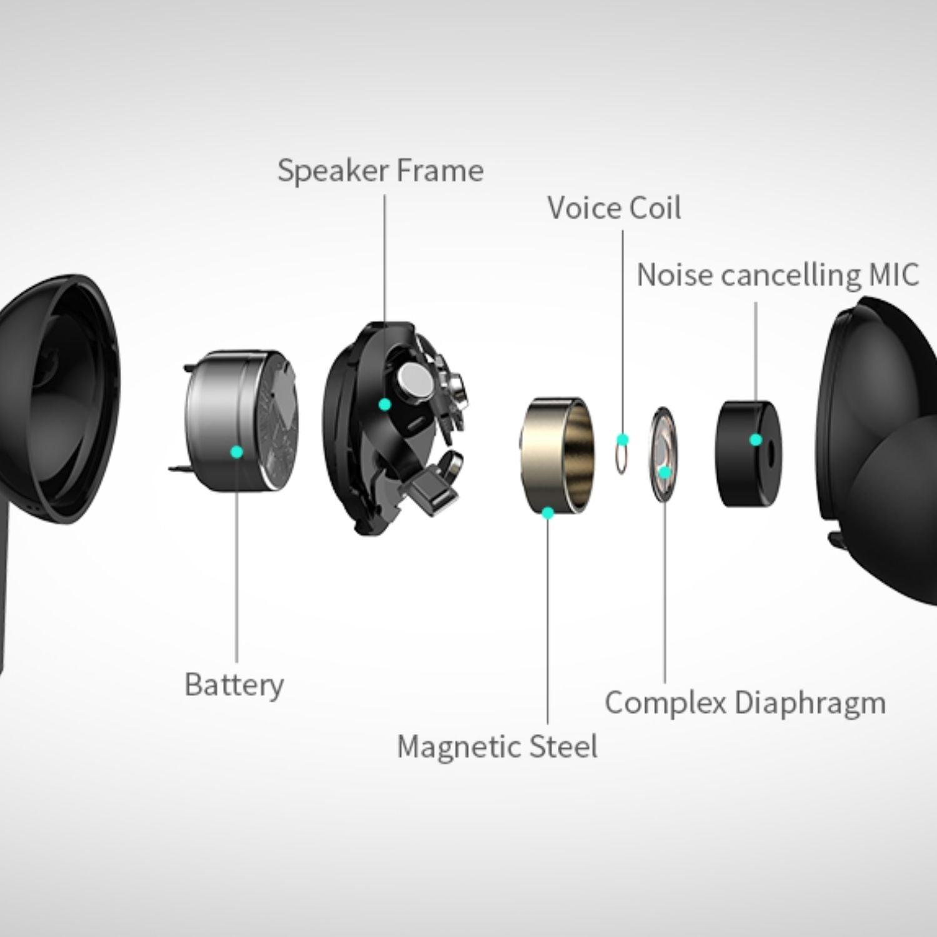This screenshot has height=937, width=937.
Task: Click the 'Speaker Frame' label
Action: (x=380, y=171)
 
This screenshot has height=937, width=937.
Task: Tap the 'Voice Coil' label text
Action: (x=614, y=208)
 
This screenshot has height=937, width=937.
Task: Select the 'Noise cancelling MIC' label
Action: (x=778, y=275)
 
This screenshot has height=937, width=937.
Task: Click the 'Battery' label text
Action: (x=234, y=685)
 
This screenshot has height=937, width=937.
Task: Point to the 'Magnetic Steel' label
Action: (x=497, y=746)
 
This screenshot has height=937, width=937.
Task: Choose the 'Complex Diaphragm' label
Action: (x=745, y=703)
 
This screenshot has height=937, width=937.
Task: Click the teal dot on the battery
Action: (x=237, y=452)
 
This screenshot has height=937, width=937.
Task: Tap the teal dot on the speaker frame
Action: (x=385, y=405)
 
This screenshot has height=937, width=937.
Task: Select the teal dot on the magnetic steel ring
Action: (x=548, y=513)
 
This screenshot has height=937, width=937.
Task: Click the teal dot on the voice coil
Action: (x=622, y=440)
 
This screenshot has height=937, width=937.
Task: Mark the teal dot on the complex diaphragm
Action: (x=665, y=472)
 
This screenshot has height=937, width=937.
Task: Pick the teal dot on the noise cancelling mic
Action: (x=755, y=440)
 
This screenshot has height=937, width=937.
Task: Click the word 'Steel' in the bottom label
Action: (x=563, y=746)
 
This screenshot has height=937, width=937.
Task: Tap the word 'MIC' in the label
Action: (x=894, y=275)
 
